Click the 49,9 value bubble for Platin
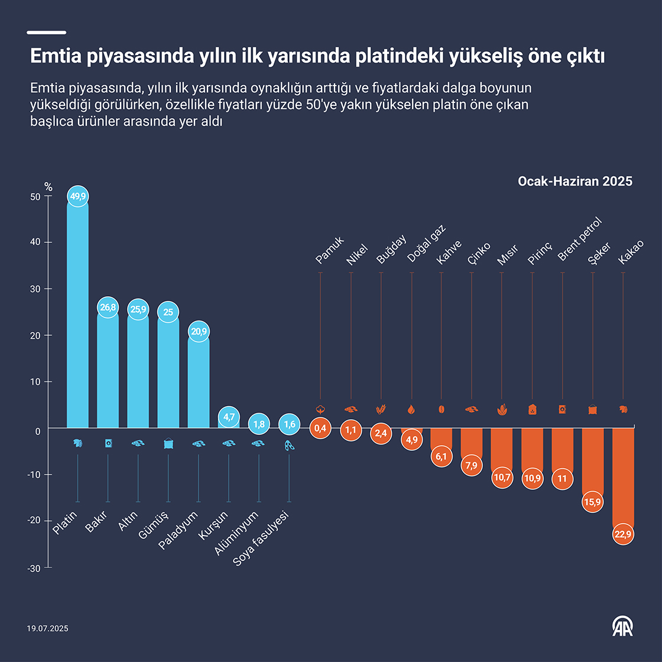[77, 196]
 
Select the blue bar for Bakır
[108, 372]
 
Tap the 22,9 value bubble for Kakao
[623, 534]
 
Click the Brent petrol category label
[579, 239]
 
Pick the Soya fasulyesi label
[261, 539]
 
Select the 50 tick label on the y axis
[35, 197]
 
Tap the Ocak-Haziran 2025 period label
[575, 181]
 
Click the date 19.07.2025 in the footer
[47, 628]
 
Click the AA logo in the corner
[622, 627]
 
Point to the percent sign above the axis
[48, 187]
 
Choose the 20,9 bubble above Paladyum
[199, 332]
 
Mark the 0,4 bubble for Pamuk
[320, 428]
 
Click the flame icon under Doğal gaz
[411, 409]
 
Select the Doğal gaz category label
[426, 244]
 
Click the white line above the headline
[47, 33]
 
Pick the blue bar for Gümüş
[168, 372]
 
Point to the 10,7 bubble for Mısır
[502, 477]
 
